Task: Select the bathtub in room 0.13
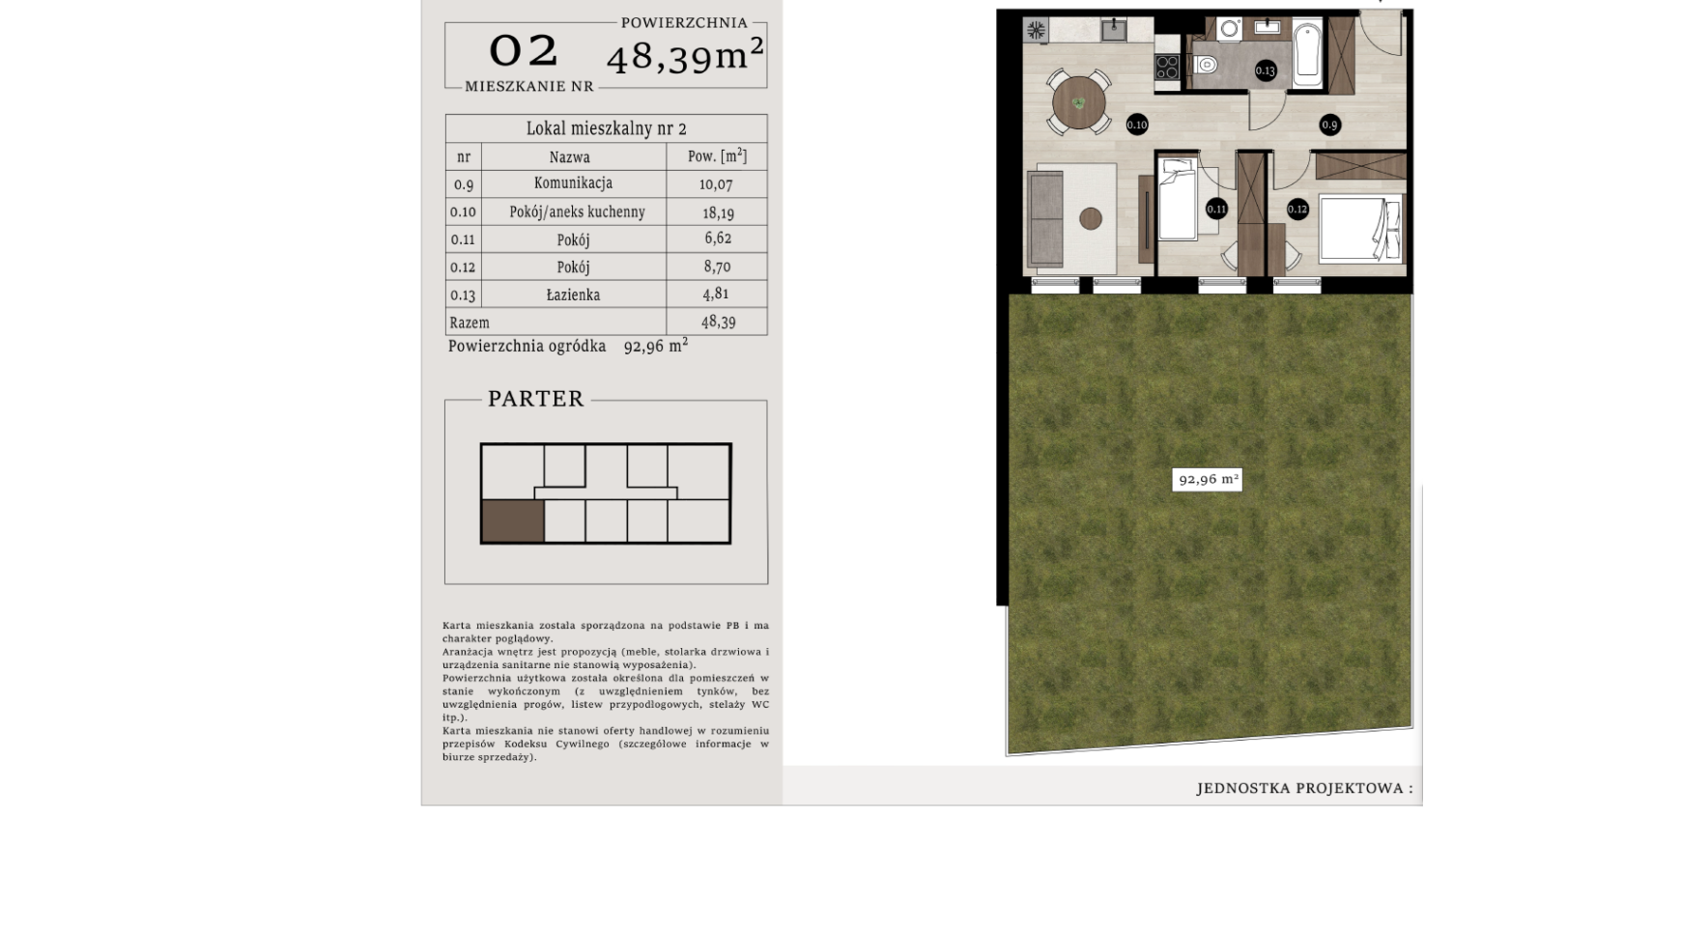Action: (x=1307, y=51)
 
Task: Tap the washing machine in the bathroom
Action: (x=1229, y=29)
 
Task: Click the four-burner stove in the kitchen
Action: (x=1167, y=67)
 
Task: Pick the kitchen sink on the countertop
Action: (x=1113, y=29)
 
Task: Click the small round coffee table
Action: (x=1091, y=218)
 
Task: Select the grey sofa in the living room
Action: (x=1045, y=218)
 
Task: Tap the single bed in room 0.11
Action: (x=1178, y=199)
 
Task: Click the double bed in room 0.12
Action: (x=1360, y=229)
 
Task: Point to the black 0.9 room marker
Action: (x=1329, y=125)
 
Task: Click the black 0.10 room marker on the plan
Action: (x=1136, y=125)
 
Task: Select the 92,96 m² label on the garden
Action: (x=1207, y=479)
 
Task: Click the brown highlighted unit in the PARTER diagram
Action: (x=513, y=521)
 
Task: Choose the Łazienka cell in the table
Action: (x=573, y=295)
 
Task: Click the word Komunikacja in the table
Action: (x=573, y=183)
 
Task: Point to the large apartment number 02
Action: (x=524, y=50)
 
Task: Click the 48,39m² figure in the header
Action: (x=685, y=55)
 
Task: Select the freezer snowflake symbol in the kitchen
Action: (x=1036, y=31)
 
